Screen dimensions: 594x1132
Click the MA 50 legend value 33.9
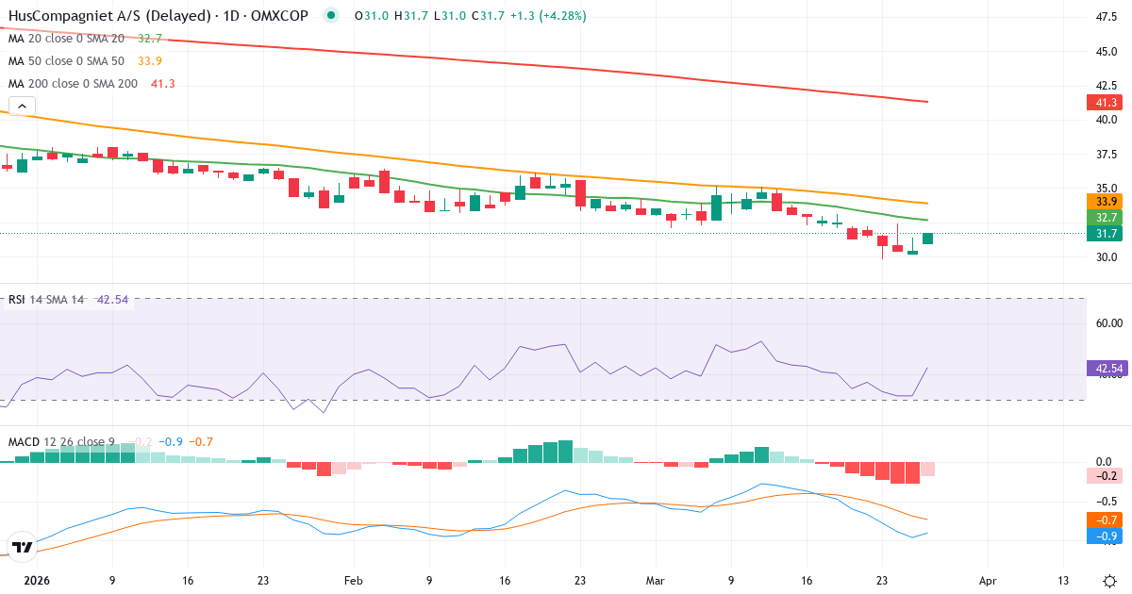[x=150, y=61]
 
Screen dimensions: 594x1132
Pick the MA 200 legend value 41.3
[x=162, y=84]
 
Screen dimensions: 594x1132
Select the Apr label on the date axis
[x=987, y=581]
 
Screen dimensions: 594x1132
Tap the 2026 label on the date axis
[x=36, y=581]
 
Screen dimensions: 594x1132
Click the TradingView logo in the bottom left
[x=21, y=546]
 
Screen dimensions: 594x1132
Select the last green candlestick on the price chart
[x=927, y=239]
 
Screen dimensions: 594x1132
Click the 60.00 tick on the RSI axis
[x=1106, y=322]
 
